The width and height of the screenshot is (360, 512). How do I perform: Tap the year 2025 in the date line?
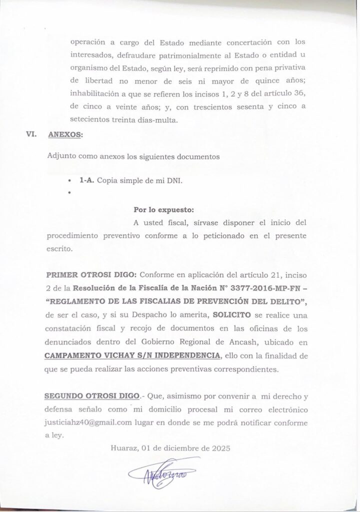tap(219, 448)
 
